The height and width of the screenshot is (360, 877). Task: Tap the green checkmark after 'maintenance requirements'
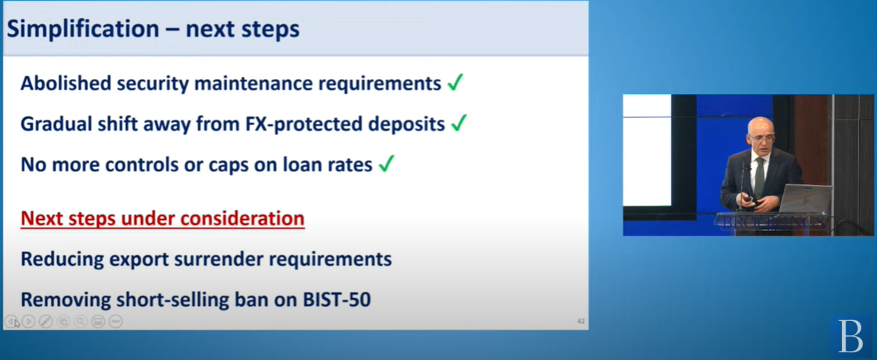(455, 83)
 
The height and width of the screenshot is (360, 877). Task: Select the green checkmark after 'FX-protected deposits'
(459, 124)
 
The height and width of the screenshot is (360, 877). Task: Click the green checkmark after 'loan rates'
(387, 164)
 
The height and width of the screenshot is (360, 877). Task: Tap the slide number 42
(580, 322)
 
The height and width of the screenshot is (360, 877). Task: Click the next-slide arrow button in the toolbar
(28, 322)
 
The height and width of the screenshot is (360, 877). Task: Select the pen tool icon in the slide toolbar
(46, 322)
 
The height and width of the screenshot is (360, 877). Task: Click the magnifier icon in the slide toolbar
(81, 322)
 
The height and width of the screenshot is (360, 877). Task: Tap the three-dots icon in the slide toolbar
(115, 322)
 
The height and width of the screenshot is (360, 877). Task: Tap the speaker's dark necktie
(759, 177)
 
